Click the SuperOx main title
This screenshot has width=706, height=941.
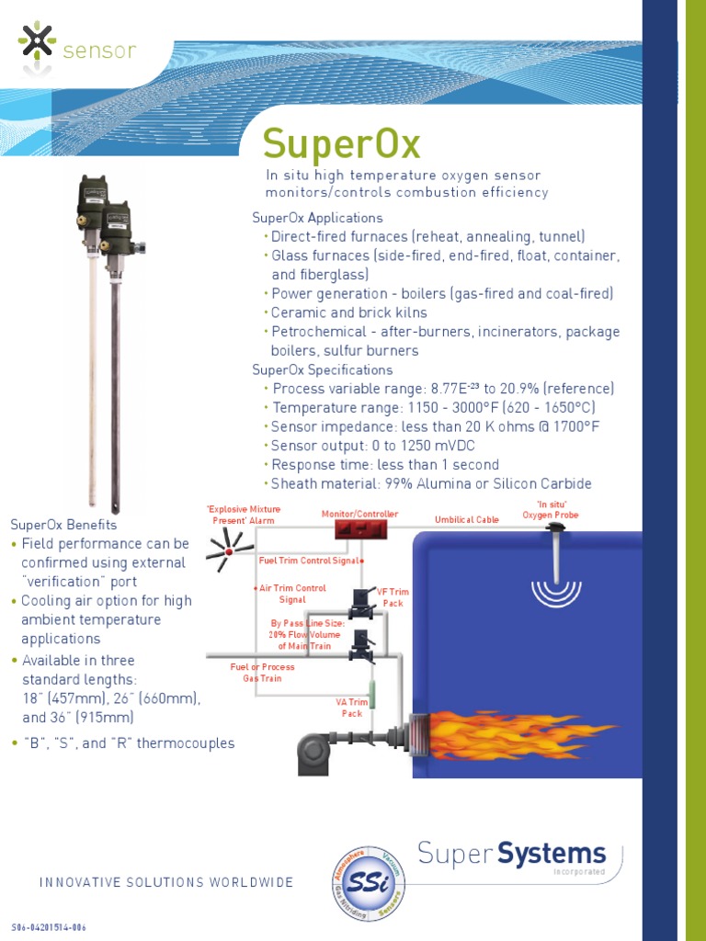[x=341, y=144]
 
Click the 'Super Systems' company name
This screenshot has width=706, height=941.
[x=512, y=854]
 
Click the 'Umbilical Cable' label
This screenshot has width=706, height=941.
[x=467, y=520]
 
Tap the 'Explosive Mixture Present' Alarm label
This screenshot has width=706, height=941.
[x=244, y=515]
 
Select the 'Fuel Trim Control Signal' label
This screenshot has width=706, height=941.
[x=313, y=560]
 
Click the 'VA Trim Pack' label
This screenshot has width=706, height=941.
[x=352, y=708]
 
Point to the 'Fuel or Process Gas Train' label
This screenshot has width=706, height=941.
[x=263, y=673]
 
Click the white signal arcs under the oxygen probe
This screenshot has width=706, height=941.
[x=557, y=591]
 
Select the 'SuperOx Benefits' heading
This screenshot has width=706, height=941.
[x=63, y=525]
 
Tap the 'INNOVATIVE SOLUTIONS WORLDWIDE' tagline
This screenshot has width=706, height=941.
[x=166, y=882]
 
